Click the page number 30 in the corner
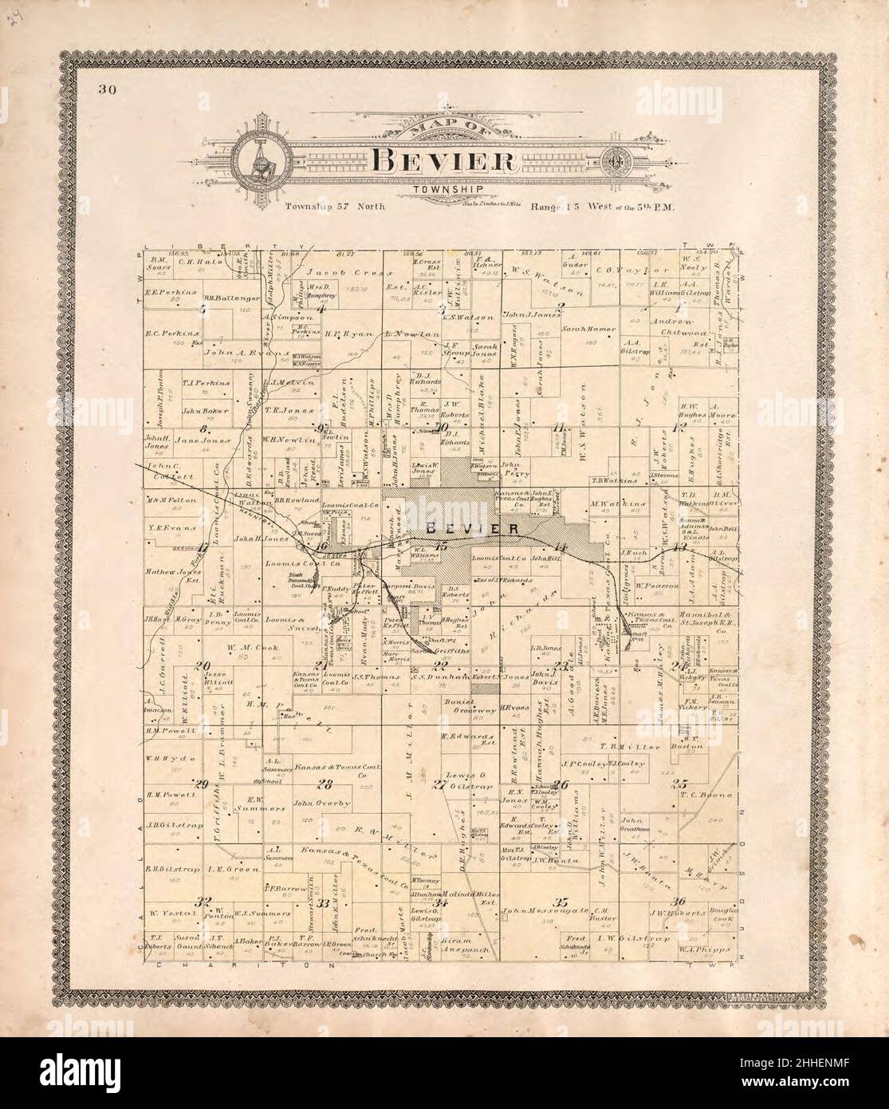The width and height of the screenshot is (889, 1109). (108, 89)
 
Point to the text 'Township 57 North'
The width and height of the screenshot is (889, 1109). (336, 207)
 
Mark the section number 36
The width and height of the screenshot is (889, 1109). (679, 902)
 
